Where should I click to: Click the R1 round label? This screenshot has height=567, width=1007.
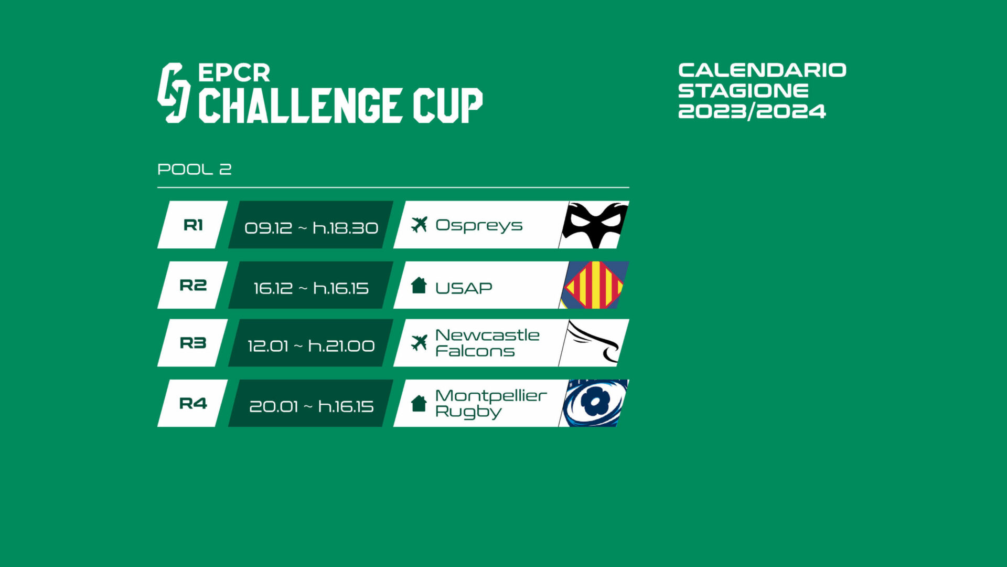click(x=193, y=225)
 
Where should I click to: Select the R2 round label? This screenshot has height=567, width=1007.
click(x=193, y=286)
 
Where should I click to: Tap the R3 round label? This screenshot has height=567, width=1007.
click(x=193, y=343)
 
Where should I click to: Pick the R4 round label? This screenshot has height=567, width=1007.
click(x=193, y=404)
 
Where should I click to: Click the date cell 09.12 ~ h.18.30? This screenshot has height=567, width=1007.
click(x=311, y=228)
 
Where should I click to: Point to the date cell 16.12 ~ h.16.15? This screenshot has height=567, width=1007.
click(x=311, y=288)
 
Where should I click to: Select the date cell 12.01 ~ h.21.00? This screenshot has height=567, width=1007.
click(x=311, y=346)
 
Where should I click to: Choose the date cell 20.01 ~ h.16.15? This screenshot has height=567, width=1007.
click(x=311, y=406)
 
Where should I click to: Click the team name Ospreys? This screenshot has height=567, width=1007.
click(x=479, y=226)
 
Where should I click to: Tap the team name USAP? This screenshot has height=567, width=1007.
click(x=464, y=288)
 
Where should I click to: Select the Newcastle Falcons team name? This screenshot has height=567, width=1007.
click(x=487, y=343)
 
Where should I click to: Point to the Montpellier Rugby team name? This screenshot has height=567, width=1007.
click(x=491, y=403)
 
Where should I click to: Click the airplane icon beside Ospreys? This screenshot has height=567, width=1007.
click(x=419, y=224)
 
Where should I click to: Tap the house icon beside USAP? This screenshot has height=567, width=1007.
click(x=419, y=286)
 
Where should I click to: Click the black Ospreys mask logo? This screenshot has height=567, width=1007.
click(x=595, y=224)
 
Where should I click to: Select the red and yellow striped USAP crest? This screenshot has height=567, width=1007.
click(x=595, y=285)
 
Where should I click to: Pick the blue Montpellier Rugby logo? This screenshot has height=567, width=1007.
click(x=595, y=403)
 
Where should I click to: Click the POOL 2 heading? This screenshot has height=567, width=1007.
click(x=194, y=170)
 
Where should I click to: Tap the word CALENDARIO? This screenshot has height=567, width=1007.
click(x=762, y=70)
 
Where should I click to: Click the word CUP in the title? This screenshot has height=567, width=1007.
click(x=447, y=106)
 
